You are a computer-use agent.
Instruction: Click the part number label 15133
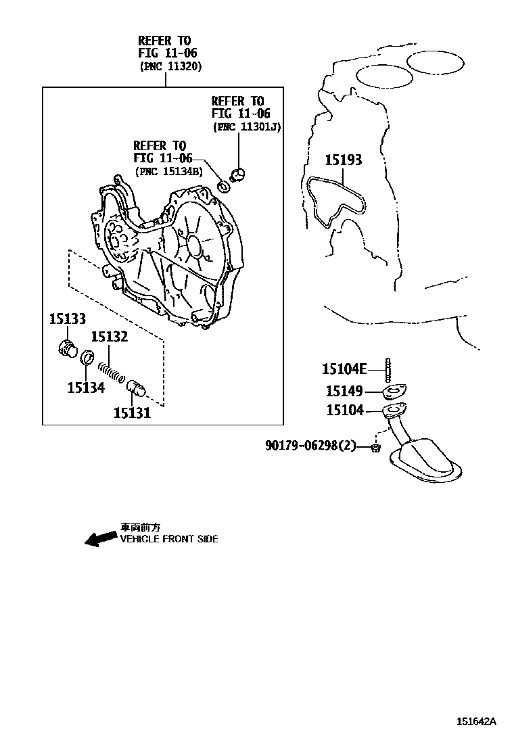68,319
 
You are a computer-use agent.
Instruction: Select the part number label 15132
110,337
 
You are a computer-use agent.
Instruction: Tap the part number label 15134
86,387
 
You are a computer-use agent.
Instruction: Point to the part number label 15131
132,413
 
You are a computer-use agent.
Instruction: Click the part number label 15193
344,160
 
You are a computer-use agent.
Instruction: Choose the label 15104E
344,369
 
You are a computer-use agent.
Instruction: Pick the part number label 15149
344,392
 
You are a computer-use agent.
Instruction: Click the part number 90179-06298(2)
310,446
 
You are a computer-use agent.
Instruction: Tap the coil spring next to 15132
112,372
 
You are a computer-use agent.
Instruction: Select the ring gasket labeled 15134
87,357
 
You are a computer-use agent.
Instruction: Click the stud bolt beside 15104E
387,369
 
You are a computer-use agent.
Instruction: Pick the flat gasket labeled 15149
395,392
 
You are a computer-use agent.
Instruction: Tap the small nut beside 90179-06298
376,448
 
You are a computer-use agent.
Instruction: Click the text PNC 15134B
168,171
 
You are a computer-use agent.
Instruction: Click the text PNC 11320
170,66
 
